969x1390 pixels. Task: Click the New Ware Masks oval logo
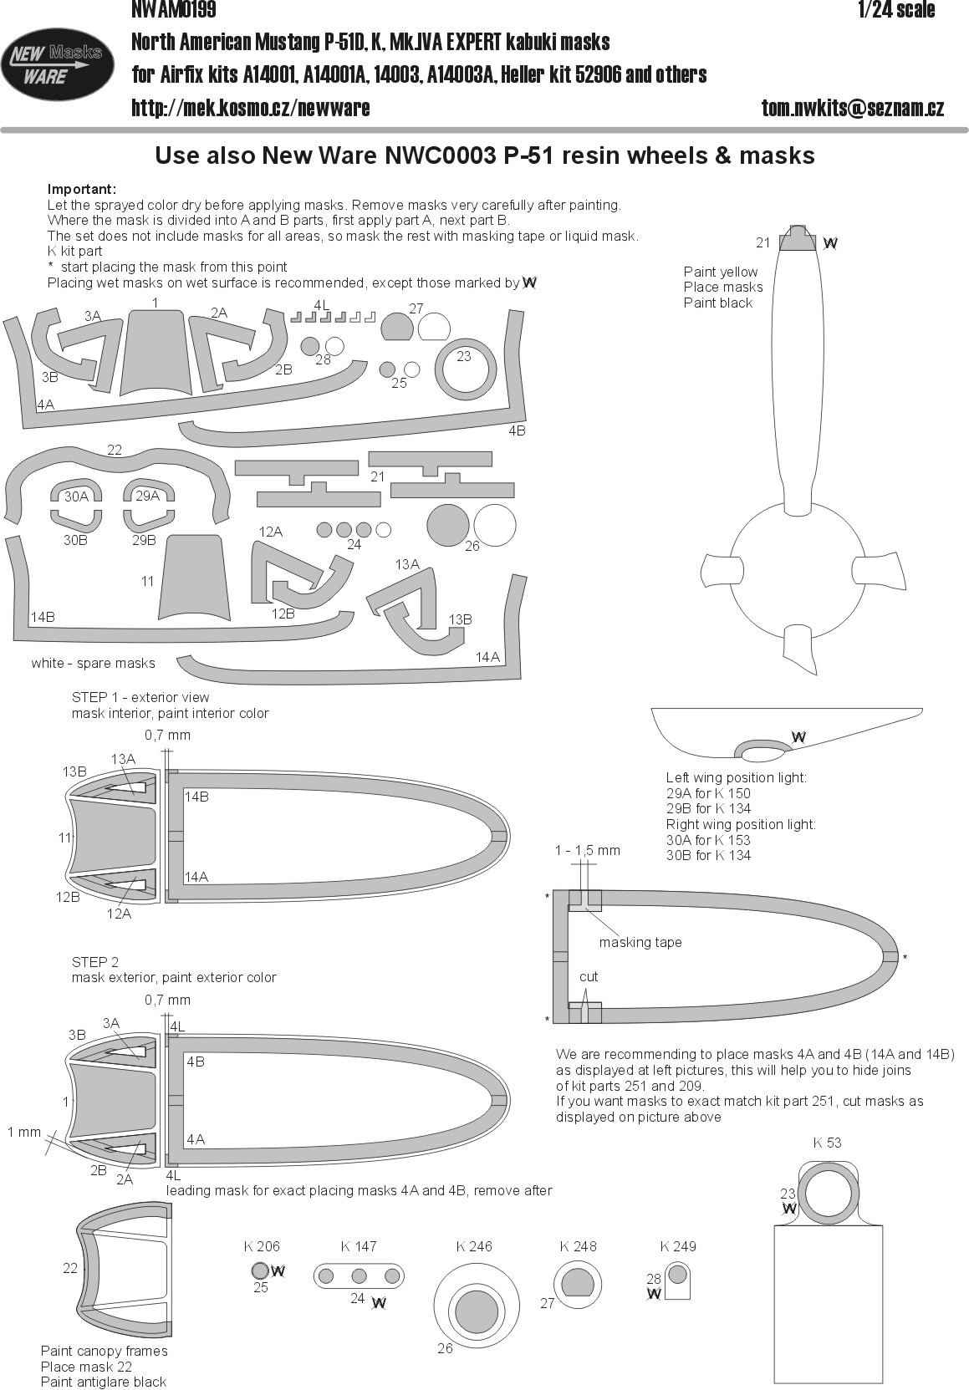point(58,64)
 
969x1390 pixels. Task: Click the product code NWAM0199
point(174,10)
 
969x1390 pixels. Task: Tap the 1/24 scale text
point(895,10)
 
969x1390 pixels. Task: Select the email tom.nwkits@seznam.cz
point(853,108)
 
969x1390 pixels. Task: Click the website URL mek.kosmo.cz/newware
point(251,108)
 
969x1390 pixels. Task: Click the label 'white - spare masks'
point(93,663)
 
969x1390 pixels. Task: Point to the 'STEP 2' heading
point(95,962)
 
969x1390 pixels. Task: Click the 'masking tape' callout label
point(640,942)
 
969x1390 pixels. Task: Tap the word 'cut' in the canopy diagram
point(589,976)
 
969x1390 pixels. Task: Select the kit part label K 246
point(474,1246)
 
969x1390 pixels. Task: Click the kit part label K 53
point(827,1143)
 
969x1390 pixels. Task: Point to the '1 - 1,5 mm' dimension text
point(588,850)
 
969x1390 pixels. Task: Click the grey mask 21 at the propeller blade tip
point(798,241)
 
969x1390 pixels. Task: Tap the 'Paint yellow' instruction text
point(720,272)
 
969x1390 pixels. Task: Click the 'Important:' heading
point(82,189)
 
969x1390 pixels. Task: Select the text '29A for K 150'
point(708,793)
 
